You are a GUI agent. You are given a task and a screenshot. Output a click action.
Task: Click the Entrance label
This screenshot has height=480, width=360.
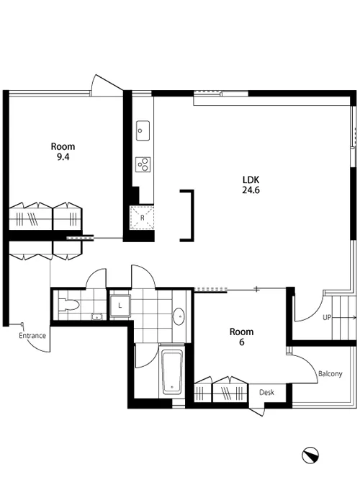32,336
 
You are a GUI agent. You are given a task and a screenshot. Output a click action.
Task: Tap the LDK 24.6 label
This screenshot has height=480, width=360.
251,185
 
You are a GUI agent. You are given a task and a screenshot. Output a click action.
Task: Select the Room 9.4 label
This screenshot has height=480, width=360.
63,151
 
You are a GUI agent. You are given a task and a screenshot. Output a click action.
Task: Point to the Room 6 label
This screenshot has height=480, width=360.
241,337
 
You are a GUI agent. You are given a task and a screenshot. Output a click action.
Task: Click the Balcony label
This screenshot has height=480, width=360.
330,374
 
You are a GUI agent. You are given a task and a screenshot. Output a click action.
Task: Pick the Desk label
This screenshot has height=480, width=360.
266,392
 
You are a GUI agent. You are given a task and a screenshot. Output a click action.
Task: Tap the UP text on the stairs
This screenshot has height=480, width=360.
327,317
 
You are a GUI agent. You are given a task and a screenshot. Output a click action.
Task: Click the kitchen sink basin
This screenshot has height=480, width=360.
143,130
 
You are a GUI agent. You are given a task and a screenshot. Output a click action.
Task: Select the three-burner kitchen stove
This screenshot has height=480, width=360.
143,164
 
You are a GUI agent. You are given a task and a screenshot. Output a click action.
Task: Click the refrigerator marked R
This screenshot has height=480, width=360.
143,218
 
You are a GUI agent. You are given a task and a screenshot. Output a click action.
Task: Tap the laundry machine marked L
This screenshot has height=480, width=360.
120,306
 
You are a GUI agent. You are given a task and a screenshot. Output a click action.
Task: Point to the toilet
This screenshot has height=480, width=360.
68,305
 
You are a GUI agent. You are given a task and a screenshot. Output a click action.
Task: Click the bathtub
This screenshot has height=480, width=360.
172,372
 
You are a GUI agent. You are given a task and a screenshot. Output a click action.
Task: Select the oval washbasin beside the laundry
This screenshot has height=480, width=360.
179,316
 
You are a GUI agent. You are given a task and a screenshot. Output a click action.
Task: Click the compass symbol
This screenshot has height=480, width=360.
310,455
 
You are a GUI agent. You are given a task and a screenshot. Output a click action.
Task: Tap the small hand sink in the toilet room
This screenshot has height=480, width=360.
97,317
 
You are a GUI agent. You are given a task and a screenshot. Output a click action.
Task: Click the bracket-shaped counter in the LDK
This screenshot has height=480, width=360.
192,215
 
